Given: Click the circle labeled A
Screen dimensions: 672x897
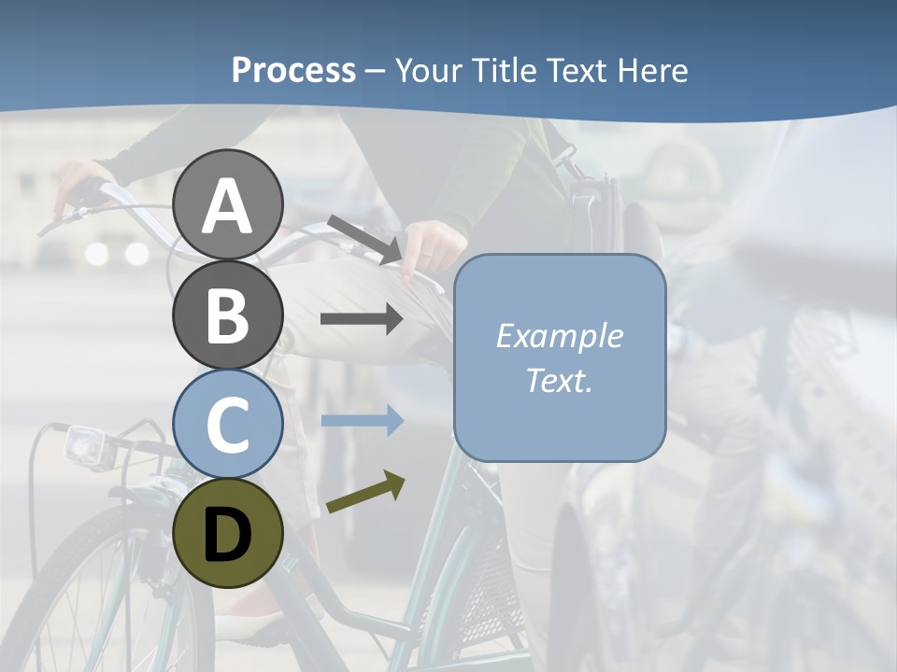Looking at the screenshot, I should [227, 204].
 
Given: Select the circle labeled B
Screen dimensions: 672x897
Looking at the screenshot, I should [227, 315].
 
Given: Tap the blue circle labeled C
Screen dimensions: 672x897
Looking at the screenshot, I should [227, 425].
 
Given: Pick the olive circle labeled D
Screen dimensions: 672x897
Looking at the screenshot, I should [227, 533].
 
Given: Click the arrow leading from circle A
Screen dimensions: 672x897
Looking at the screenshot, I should [364, 239].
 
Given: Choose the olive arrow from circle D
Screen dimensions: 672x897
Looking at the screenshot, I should [365, 493].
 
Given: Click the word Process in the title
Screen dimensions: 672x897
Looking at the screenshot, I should [293, 70].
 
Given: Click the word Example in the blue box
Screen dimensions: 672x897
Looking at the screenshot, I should [559, 336].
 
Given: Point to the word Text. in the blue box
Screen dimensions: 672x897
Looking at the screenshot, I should [559, 380].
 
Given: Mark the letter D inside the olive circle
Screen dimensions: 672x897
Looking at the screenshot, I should [227, 534].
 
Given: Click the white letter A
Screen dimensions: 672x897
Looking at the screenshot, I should [227, 206].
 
